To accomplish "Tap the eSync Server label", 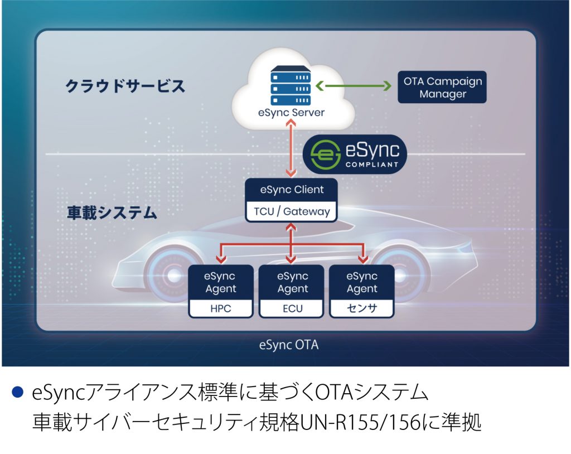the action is point(291,113).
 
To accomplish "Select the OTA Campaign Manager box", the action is point(442,87).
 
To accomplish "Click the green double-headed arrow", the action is point(353,86).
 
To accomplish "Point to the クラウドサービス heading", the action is point(125,86).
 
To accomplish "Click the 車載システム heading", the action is point(112,212).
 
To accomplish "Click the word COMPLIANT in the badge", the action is point(372,165).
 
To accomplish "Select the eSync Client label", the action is point(292,190).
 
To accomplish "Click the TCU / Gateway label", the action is point(292,211).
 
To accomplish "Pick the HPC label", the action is point(221,308).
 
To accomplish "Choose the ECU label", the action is point(292,308).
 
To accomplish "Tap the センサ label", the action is point(362,308).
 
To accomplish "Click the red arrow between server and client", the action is point(291,149).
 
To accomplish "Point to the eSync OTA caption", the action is point(289,345).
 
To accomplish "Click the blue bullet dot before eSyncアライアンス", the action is point(17,392).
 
